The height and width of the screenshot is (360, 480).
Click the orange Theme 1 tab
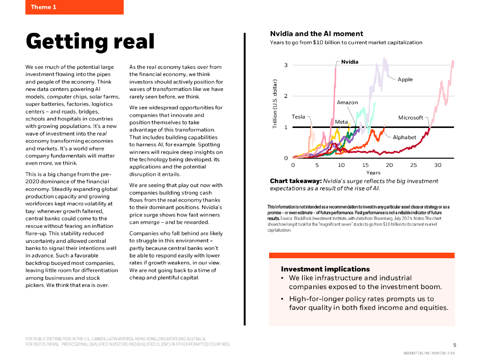tap(74, 7)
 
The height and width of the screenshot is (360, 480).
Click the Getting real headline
tap(90, 41)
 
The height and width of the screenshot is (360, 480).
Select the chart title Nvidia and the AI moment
tap(316, 34)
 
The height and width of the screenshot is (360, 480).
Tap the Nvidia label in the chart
tap(349, 62)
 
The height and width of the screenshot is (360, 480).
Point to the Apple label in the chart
tap(405, 80)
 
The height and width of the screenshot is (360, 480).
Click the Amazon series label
tap(347, 103)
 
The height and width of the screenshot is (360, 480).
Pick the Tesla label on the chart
tap(298, 117)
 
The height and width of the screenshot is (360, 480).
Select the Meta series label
tap(341, 122)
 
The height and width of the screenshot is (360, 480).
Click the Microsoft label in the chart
tap(411, 118)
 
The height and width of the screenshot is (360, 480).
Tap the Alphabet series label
tap(404, 137)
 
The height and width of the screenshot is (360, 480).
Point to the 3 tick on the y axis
tap(286, 65)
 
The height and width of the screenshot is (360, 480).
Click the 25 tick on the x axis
tap(413, 165)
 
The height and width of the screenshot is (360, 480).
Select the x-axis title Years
tap(373, 173)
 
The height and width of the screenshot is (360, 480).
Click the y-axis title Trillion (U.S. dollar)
tap(275, 104)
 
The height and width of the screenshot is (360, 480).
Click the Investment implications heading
tap(325, 269)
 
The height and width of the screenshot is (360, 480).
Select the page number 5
tap(454, 345)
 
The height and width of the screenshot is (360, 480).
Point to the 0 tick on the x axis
tap(293, 165)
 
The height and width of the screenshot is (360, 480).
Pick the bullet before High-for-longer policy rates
tap(282, 299)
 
